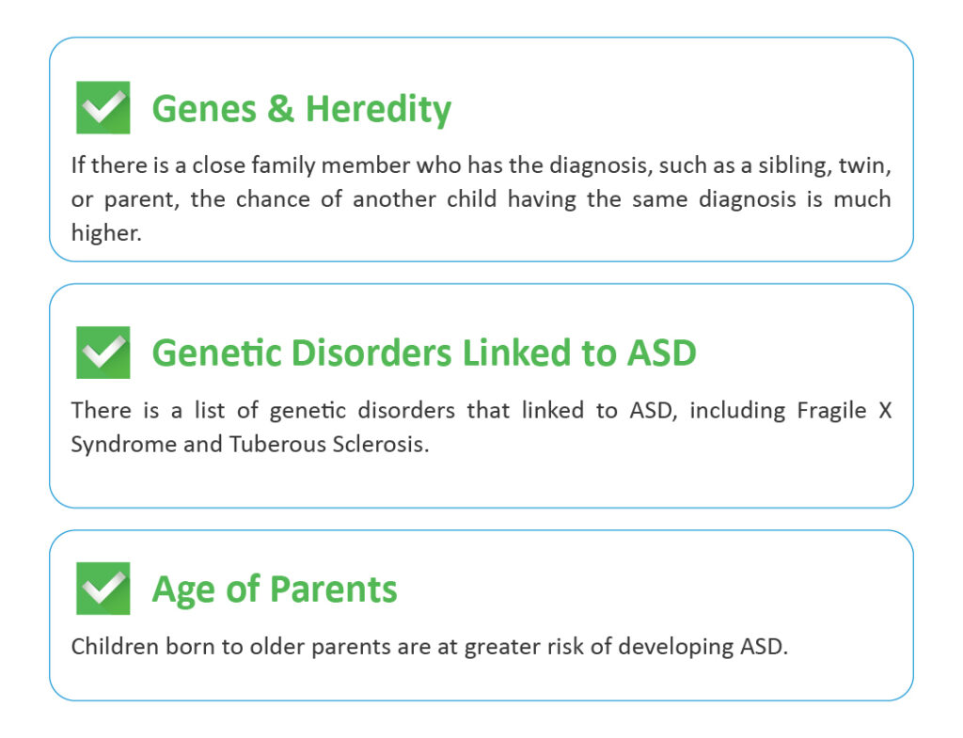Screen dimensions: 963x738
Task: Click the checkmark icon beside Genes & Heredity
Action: [103, 107]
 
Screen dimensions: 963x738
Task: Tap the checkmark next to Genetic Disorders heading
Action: [103, 353]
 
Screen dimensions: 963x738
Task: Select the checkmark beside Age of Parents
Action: [103, 589]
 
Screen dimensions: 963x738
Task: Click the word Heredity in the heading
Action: [378, 110]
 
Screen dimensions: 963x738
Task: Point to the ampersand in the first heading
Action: [280, 109]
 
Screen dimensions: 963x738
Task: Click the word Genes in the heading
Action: [204, 109]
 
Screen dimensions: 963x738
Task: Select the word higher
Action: [106, 233]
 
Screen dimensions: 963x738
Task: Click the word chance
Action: [273, 199]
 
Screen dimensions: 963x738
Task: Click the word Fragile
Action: [831, 411]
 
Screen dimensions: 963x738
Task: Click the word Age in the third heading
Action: [184, 590]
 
